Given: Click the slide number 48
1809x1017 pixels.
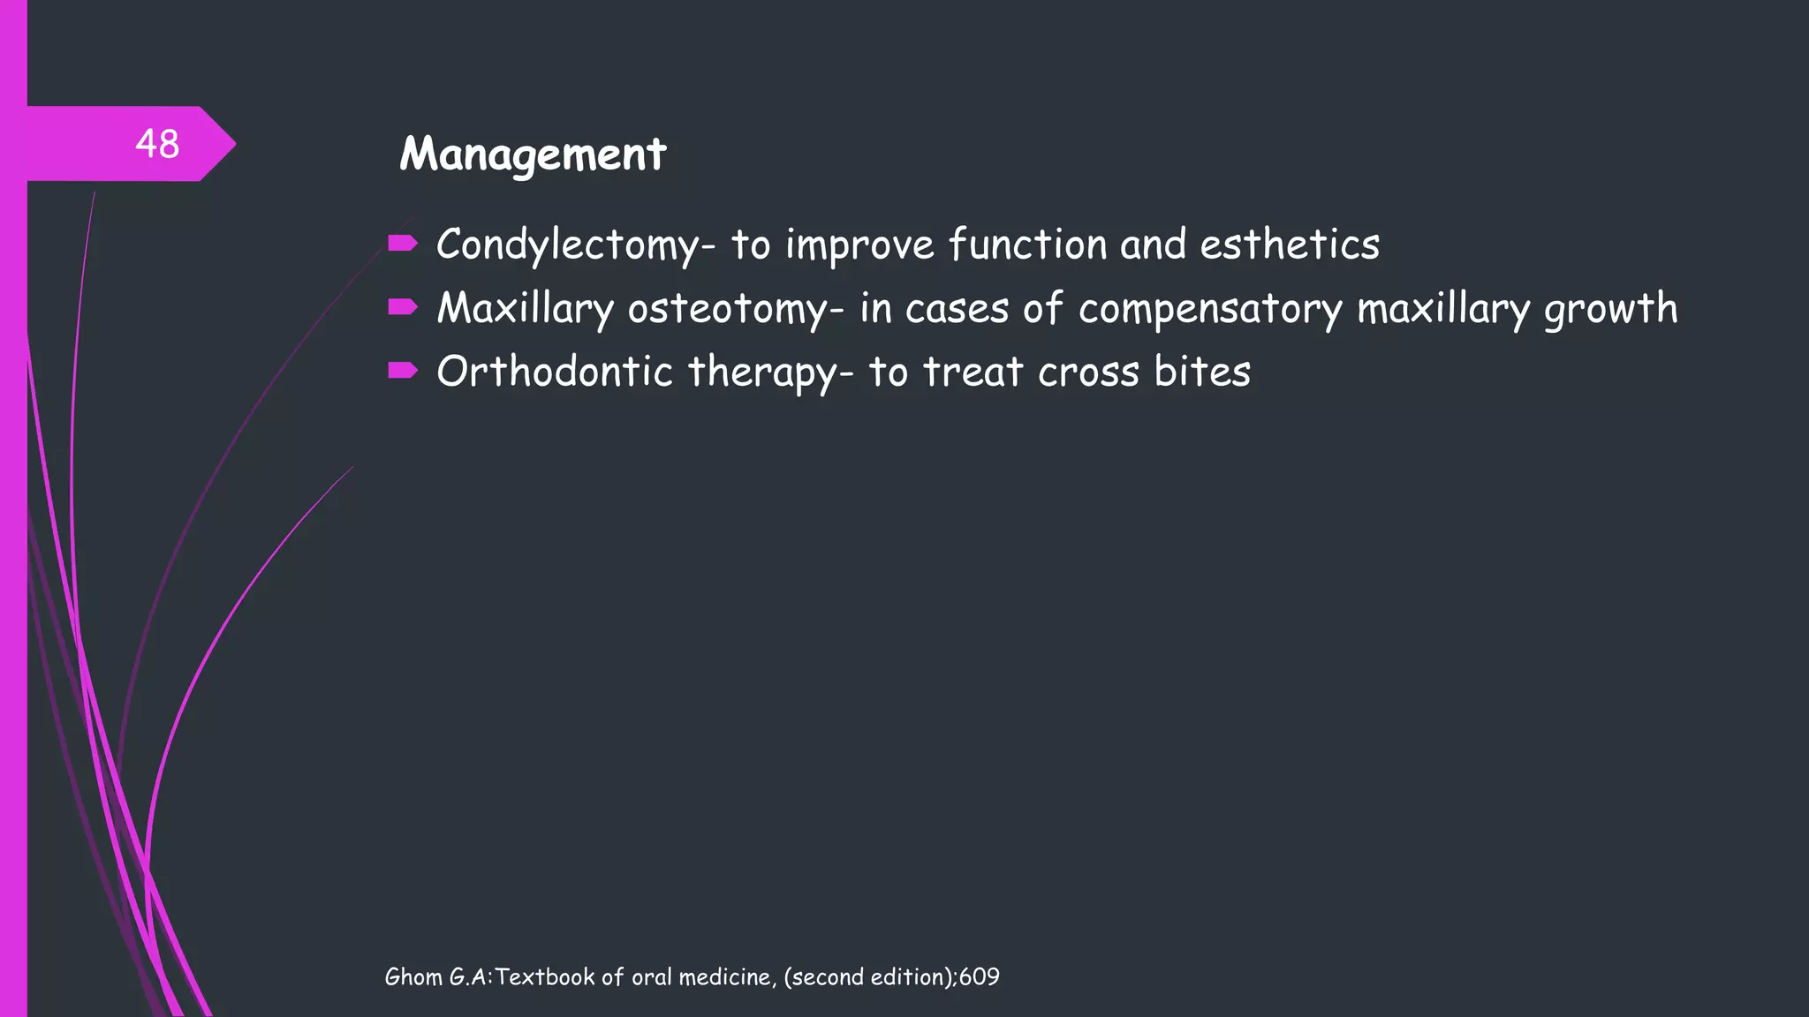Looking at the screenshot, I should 157,144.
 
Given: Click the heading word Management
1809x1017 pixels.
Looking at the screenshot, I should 533,154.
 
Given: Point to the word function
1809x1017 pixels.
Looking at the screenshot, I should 1027,245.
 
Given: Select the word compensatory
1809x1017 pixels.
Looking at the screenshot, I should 1210,310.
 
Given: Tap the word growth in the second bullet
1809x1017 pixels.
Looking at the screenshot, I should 1609,310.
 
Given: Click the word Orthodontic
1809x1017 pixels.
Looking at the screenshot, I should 555,372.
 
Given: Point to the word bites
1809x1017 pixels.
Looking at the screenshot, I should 1202,372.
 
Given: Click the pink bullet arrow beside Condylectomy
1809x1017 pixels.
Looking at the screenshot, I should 402,243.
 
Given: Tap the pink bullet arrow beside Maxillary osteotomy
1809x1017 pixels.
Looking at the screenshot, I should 402,306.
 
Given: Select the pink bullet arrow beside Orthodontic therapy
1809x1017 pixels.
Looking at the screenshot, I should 402,370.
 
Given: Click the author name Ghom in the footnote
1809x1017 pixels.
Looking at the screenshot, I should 413,977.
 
